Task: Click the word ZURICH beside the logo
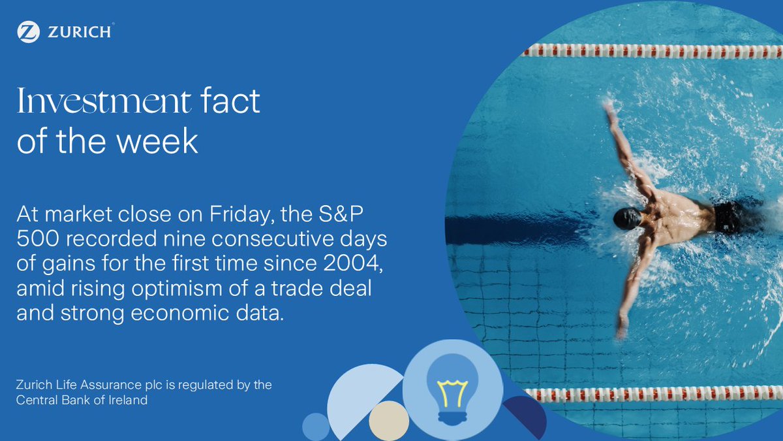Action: point(80,31)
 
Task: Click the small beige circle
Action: point(388,421)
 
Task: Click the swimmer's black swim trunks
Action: point(729,217)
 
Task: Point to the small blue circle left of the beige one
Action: point(316,427)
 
